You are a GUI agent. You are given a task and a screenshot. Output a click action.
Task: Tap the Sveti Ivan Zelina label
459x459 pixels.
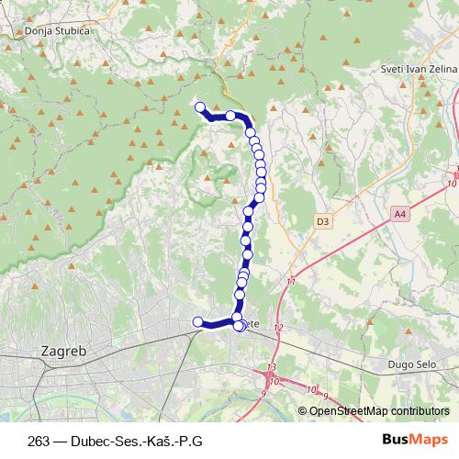pos(417,70)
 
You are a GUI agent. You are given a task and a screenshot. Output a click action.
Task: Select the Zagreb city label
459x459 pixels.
pos(64,351)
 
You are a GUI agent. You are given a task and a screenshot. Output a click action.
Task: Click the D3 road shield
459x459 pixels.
pos(322,221)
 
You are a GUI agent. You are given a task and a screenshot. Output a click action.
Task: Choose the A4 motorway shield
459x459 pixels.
pos(398,214)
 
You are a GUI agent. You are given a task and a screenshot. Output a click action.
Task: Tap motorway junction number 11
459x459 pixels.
pos(291,282)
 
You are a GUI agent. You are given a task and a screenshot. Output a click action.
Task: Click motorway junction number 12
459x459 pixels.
pos(279,328)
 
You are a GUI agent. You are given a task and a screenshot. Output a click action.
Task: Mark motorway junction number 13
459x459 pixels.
pos(271,367)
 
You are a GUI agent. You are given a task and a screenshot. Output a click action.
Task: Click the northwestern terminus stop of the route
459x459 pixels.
pos(199,106)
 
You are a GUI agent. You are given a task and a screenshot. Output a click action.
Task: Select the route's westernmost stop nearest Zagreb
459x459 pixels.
pos(196,321)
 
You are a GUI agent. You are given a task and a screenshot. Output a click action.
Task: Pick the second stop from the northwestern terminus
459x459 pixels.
pos(230,116)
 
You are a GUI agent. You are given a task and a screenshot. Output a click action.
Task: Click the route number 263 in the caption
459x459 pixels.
pos(39,440)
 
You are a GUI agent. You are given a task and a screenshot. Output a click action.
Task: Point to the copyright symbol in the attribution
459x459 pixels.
pos(303,410)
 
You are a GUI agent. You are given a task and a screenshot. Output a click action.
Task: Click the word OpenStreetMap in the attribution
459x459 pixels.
pos(347,410)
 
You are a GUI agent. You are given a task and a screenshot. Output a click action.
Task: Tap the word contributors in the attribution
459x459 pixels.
pos(418,410)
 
